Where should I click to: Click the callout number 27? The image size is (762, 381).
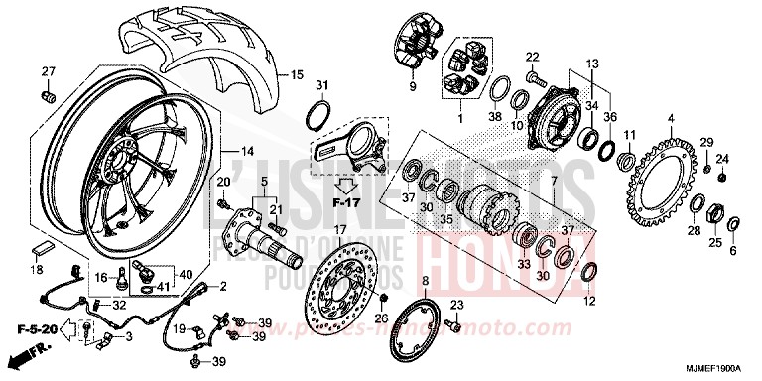point(47,70)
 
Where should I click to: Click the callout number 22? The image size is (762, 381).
point(532,56)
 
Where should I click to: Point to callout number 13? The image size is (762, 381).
point(594,63)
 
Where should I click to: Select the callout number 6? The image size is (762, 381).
point(734,252)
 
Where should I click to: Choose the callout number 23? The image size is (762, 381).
point(457,304)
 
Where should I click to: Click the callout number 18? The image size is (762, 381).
point(37,269)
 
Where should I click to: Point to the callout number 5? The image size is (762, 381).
point(264,182)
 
